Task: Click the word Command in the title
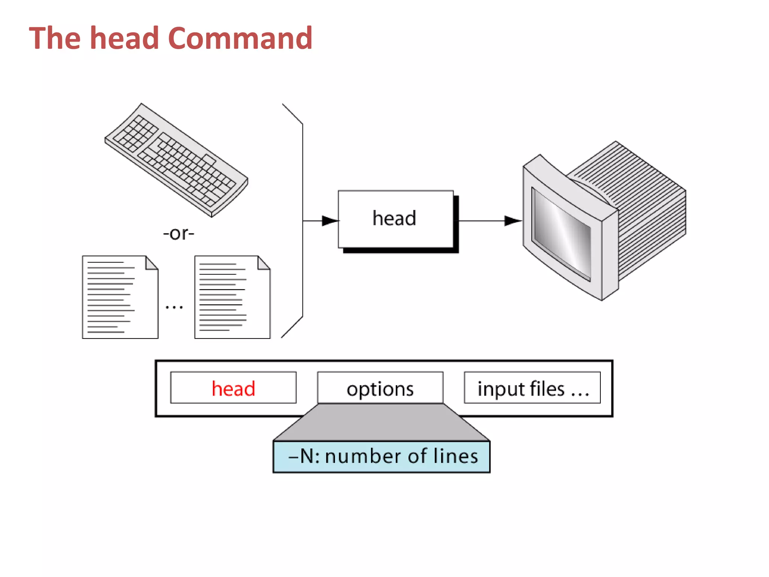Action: (x=240, y=38)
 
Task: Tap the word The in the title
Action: (x=55, y=38)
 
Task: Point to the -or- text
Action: (x=179, y=234)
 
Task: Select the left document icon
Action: (x=120, y=297)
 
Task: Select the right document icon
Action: (x=232, y=297)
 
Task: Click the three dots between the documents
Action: (x=174, y=307)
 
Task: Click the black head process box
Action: (x=395, y=219)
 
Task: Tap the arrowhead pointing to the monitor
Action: (x=512, y=221)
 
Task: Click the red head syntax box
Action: (x=233, y=388)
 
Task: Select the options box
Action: (x=380, y=388)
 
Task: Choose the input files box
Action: (x=532, y=388)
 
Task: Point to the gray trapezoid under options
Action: (x=381, y=422)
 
